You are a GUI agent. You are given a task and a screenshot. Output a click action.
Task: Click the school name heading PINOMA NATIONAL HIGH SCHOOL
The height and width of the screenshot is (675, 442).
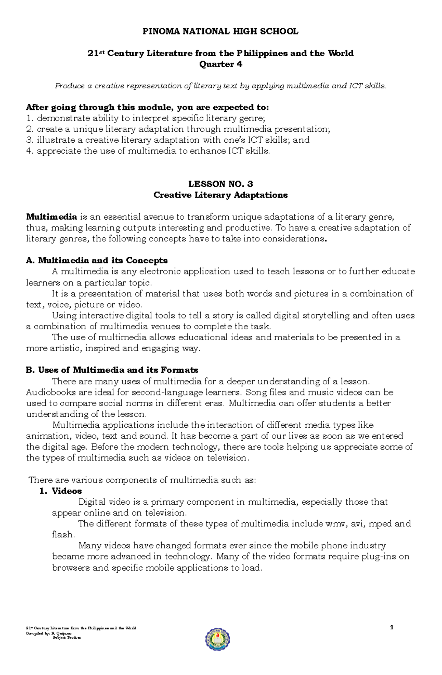coord(220,32)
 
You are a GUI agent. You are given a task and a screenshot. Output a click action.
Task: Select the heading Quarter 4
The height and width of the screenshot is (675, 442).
coord(221,64)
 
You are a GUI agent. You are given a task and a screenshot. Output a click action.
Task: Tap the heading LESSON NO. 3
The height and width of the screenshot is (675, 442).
coord(220,184)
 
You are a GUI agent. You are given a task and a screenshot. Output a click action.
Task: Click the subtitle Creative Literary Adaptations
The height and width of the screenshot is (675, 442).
coord(220,195)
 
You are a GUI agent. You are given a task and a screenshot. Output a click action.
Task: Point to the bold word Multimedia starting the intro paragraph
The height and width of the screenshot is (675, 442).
coord(52,217)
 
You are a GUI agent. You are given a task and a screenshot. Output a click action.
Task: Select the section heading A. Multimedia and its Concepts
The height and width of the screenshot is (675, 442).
coord(97,260)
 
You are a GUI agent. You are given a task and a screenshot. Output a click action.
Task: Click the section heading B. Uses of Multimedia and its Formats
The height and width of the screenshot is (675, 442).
coord(112,370)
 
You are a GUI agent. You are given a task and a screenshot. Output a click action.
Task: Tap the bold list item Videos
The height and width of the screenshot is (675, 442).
coord(67,491)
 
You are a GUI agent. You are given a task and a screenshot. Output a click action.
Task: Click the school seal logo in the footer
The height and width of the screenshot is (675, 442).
coord(218,639)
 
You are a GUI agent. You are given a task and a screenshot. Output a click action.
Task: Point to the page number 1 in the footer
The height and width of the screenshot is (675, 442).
coord(392,627)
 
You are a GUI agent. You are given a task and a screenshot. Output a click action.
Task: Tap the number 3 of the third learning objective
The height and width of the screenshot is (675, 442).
coord(29,140)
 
